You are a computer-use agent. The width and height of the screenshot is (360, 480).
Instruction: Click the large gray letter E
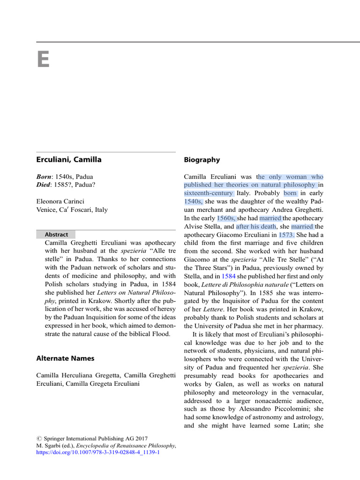(43, 60)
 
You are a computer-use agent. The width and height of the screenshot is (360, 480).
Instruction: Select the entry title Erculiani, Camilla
(69, 159)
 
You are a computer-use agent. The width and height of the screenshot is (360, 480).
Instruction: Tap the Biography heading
(202, 160)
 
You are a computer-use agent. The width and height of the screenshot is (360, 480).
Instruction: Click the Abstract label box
(56, 234)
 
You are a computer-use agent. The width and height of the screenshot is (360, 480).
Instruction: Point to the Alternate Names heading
(65, 358)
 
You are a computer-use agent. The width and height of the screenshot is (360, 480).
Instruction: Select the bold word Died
(44, 185)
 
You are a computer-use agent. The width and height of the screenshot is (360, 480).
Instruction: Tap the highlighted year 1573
(287, 235)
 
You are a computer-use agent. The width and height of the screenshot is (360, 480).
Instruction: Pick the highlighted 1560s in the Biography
(226, 218)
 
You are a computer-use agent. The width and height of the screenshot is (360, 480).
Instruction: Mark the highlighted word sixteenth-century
(209, 193)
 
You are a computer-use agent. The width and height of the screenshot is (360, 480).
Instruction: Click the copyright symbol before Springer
(39, 439)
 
